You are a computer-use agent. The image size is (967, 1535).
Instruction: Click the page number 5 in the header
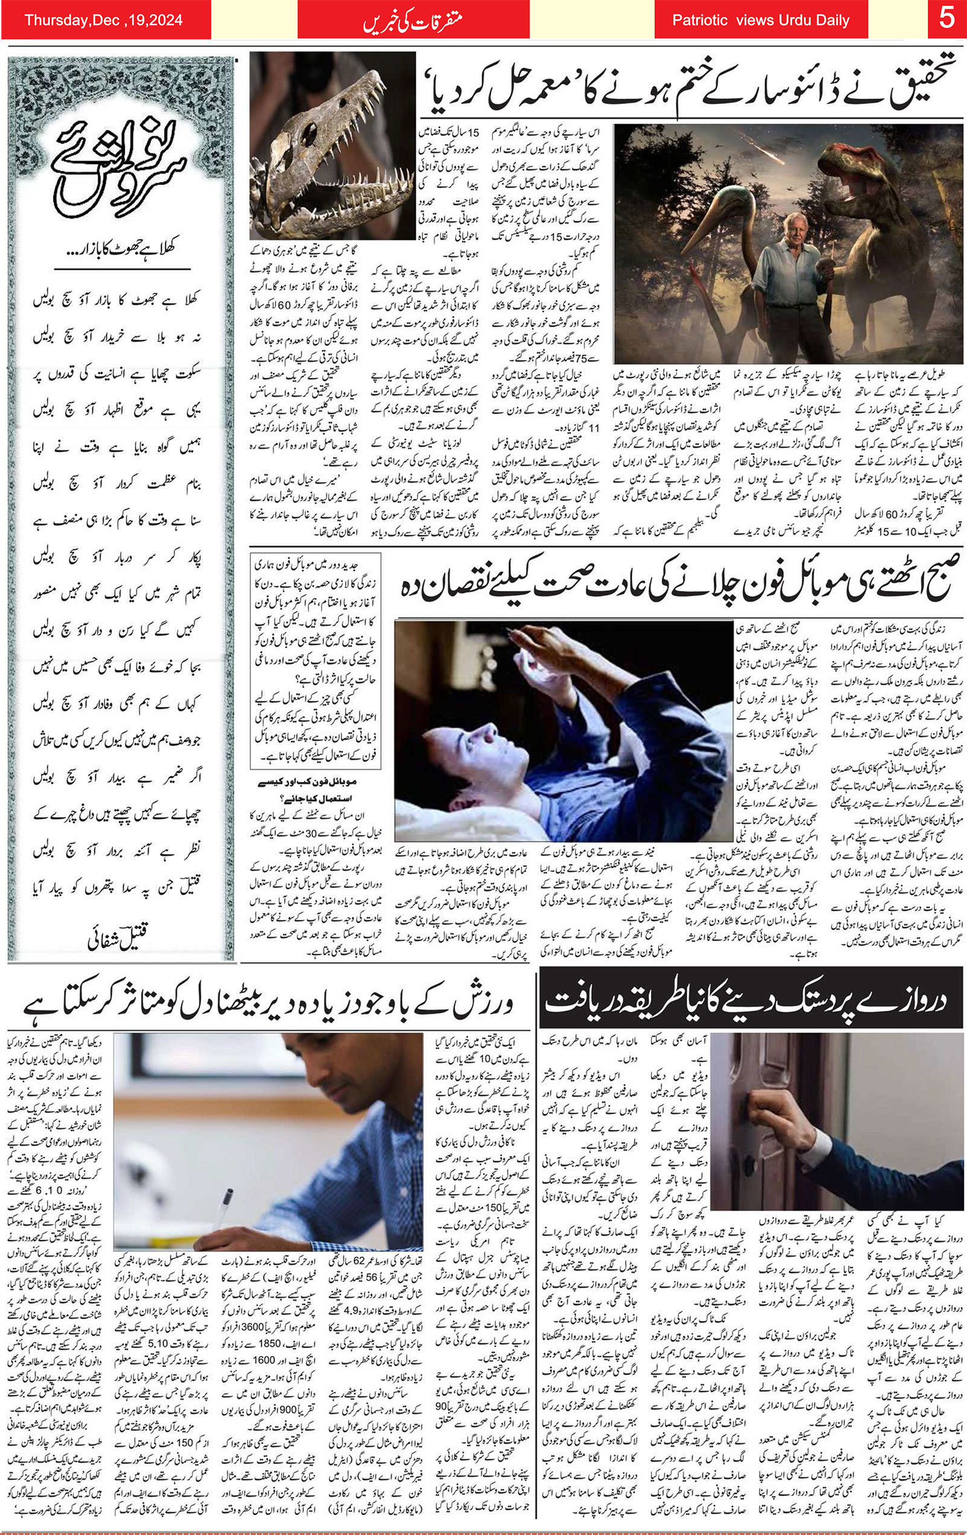pos(946,19)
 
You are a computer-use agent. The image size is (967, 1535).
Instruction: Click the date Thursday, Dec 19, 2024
pos(104,21)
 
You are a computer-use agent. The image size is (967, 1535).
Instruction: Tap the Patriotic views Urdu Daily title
pos(760,21)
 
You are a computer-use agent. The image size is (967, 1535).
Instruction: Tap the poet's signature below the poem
pos(122,937)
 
